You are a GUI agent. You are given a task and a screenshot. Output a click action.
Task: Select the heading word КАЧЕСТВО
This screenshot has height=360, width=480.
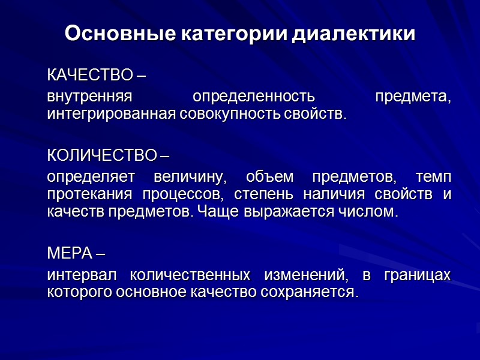pyautogui.click(x=89, y=76)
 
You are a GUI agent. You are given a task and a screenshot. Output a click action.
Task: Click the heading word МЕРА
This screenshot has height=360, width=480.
pyautogui.click(x=70, y=253)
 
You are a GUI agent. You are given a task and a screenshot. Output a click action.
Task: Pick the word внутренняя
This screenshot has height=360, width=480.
pyautogui.click(x=90, y=97)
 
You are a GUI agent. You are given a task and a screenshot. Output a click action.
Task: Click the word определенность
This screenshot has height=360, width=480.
pyautogui.click(x=253, y=97)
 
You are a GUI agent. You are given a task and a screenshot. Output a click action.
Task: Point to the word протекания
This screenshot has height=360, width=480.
pyautogui.click(x=90, y=196)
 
